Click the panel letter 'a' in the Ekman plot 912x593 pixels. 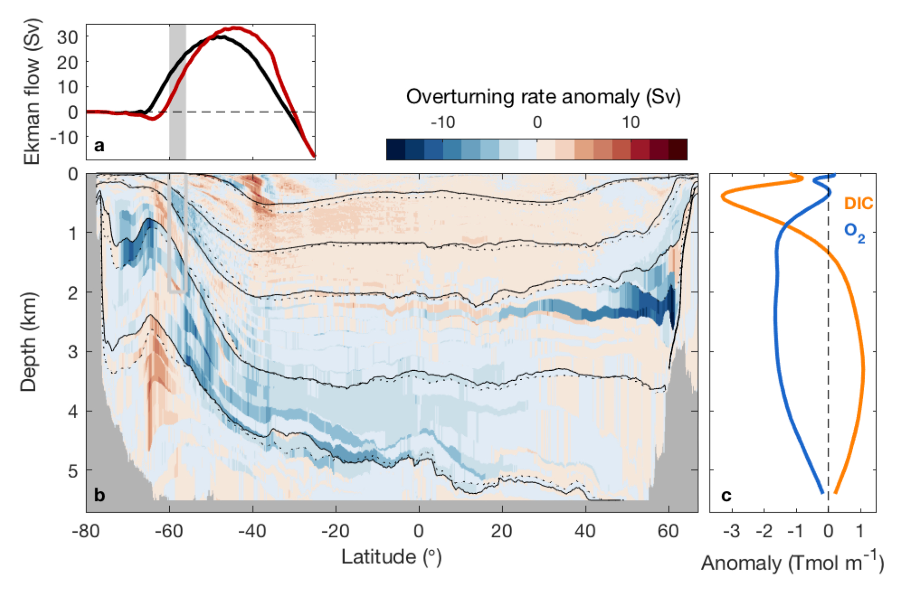(99, 146)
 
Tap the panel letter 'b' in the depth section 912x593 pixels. (99, 495)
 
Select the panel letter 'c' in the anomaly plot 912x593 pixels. (726, 495)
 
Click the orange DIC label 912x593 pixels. (859, 203)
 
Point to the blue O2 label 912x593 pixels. (854, 232)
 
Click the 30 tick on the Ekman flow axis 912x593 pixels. (67, 37)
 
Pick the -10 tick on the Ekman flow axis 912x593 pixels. (64, 137)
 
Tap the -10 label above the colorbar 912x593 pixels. (443, 122)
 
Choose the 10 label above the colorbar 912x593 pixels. (631, 122)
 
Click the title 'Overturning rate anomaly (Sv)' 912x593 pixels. (543, 97)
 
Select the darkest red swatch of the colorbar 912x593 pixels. (678, 150)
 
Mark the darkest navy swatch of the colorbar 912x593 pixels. (396, 150)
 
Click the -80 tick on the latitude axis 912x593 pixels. (86, 531)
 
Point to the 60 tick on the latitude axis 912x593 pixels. (668, 531)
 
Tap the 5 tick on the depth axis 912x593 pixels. (73, 470)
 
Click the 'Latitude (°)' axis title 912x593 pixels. (391, 557)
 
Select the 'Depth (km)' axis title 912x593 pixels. (28, 342)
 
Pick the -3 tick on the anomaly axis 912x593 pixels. (731, 531)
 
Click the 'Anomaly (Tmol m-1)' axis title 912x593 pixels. (792, 563)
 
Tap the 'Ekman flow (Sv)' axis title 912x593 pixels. (32, 91)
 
